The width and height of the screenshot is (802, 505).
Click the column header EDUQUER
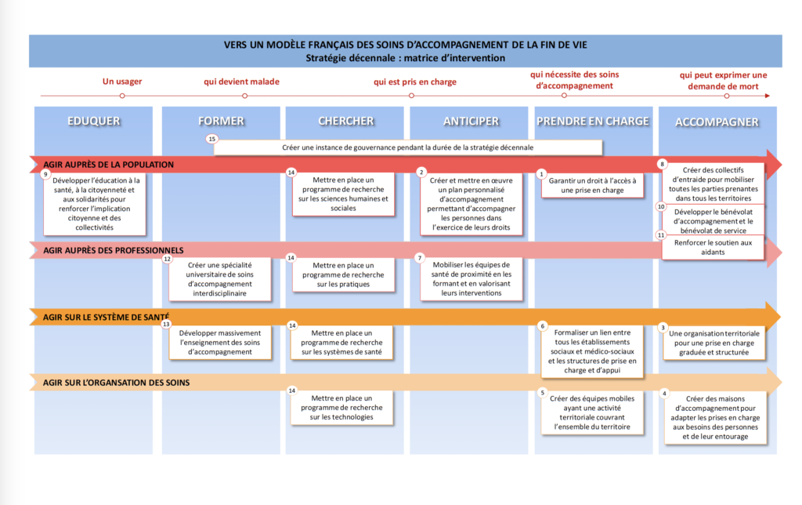[94, 121]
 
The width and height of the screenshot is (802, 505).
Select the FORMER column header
[221, 121]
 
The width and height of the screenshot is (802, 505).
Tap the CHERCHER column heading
[345, 121]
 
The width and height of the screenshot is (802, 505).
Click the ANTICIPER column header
[471, 121]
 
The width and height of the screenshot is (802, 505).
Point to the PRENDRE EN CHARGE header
[592, 121]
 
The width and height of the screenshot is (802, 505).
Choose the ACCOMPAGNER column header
[717, 122]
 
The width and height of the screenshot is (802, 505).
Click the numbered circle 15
[211, 139]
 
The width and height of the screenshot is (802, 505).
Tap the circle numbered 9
[45, 174]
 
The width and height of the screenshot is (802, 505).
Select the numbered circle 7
[420, 258]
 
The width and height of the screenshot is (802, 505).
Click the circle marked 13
[166, 324]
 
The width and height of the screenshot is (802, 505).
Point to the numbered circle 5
[542, 393]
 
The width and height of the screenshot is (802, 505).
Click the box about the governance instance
[407, 147]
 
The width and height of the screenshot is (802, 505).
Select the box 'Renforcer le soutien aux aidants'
[713, 247]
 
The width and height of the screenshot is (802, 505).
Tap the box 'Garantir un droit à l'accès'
[592, 185]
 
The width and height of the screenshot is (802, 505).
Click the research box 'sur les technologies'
[341, 408]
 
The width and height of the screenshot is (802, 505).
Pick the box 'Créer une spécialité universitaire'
[220, 279]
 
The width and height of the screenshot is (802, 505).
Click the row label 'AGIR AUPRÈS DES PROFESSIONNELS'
[113, 250]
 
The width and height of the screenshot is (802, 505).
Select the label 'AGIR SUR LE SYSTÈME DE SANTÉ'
[106, 317]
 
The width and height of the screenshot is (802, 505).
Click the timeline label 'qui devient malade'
[241, 82]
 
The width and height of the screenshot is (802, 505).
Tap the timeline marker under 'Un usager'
[122, 96]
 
